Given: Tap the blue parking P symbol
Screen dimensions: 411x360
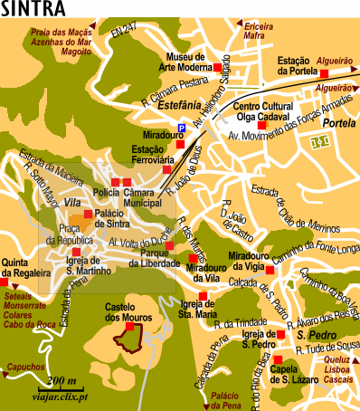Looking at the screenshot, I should (x=181, y=129).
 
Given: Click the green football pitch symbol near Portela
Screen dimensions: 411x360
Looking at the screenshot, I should (x=318, y=142).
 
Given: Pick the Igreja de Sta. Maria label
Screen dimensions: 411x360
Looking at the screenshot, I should (x=201, y=309).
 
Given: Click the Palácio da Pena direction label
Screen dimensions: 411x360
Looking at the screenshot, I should (x=227, y=399).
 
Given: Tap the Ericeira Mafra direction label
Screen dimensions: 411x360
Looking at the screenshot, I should (x=263, y=33).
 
